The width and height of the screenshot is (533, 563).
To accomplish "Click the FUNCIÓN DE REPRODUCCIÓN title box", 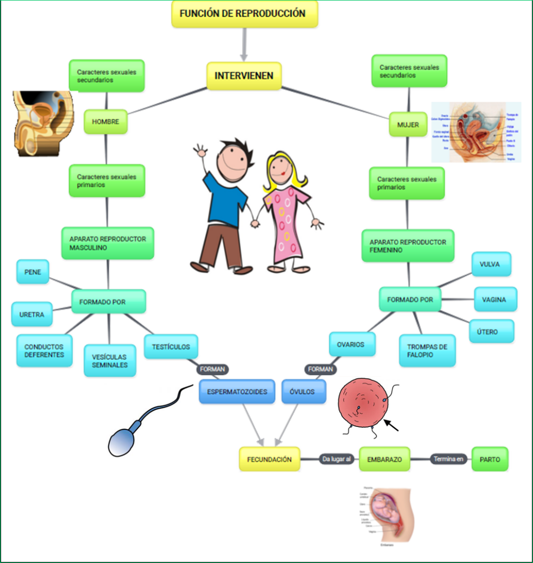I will [x=245, y=14].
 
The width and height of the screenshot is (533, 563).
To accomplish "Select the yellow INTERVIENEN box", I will [x=244, y=76].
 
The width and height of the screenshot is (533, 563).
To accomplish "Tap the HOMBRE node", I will [x=106, y=122].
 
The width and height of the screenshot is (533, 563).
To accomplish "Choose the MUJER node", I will [x=408, y=125].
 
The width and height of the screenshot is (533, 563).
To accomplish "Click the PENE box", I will [x=33, y=271].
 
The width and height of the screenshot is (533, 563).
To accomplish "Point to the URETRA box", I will [x=32, y=314].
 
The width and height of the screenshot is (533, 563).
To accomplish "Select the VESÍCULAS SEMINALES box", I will [x=109, y=361].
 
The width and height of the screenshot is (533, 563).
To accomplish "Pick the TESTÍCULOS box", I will [x=171, y=346].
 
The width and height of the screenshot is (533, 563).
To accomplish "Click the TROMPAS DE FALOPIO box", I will [x=427, y=351].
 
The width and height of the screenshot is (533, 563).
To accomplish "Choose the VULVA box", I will [x=491, y=264].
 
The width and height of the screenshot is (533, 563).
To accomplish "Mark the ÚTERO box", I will [x=491, y=332].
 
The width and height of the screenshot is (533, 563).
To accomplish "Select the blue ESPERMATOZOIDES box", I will [x=237, y=392].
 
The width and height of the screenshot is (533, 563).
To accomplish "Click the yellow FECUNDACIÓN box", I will [x=269, y=459].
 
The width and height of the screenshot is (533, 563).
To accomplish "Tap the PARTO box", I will [x=490, y=459].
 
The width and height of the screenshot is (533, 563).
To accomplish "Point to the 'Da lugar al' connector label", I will [x=337, y=459].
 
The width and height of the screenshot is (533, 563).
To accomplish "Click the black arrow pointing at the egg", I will [x=391, y=425].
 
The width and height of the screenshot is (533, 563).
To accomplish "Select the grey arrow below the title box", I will [x=245, y=44].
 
